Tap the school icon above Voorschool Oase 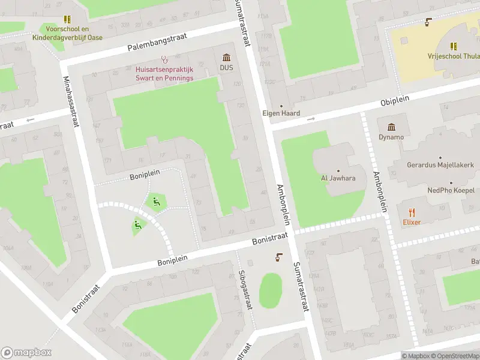pos(67,20)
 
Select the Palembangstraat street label pos(157,42)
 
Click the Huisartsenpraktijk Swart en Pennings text pos(164,74)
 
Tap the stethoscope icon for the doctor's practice pos(164,59)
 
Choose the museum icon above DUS pos(226,58)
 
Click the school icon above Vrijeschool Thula pos(454,45)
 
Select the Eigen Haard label pos(281,113)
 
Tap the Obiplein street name pos(391,103)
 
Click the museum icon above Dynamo pos(391,127)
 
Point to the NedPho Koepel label pos(451,190)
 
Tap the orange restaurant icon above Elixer pos(412,212)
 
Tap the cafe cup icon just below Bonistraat pos(278,257)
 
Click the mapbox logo pos(26,353)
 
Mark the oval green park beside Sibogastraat pos(271,291)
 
